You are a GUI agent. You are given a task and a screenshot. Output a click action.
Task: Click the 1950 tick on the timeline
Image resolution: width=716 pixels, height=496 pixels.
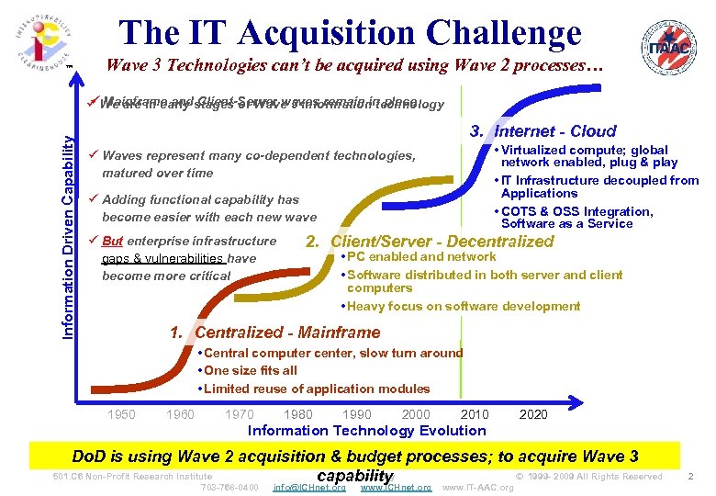click(x=121, y=414)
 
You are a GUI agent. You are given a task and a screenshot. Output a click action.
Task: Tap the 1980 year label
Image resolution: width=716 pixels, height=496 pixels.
click(x=298, y=414)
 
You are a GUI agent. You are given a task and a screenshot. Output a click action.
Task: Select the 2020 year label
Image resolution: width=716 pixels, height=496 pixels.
click(x=533, y=414)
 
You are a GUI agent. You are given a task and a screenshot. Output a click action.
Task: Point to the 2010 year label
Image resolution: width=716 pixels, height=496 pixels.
click(x=475, y=414)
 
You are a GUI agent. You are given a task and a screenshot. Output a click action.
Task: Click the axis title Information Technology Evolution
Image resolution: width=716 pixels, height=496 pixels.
click(x=367, y=430)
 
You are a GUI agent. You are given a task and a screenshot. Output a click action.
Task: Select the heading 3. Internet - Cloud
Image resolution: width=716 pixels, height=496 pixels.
click(x=543, y=131)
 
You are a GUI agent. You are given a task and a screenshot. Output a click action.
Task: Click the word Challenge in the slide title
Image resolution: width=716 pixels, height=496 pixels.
click(x=494, y=33)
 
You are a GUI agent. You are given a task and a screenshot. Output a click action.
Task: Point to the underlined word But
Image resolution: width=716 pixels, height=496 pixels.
click(x=112, y=242)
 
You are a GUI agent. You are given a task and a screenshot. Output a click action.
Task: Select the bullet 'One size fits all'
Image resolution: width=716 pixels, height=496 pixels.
click(x=250, y=370)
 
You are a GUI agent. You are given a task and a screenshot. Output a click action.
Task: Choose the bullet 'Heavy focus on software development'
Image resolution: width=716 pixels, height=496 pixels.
click(x=463, y=306)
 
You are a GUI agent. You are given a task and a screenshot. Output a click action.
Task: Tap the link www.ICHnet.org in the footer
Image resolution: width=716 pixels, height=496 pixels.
click(x=396, y=487)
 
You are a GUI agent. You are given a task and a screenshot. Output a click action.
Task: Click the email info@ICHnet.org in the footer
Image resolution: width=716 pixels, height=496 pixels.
click(x=309, y=487)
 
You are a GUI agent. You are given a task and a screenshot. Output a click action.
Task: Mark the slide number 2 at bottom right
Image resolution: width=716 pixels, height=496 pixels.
click(x=690, y=476)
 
